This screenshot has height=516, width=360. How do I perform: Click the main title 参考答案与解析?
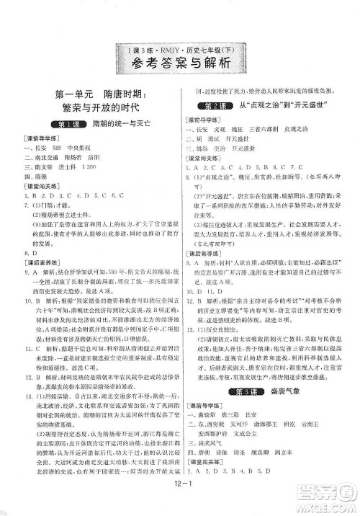[179, 63]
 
